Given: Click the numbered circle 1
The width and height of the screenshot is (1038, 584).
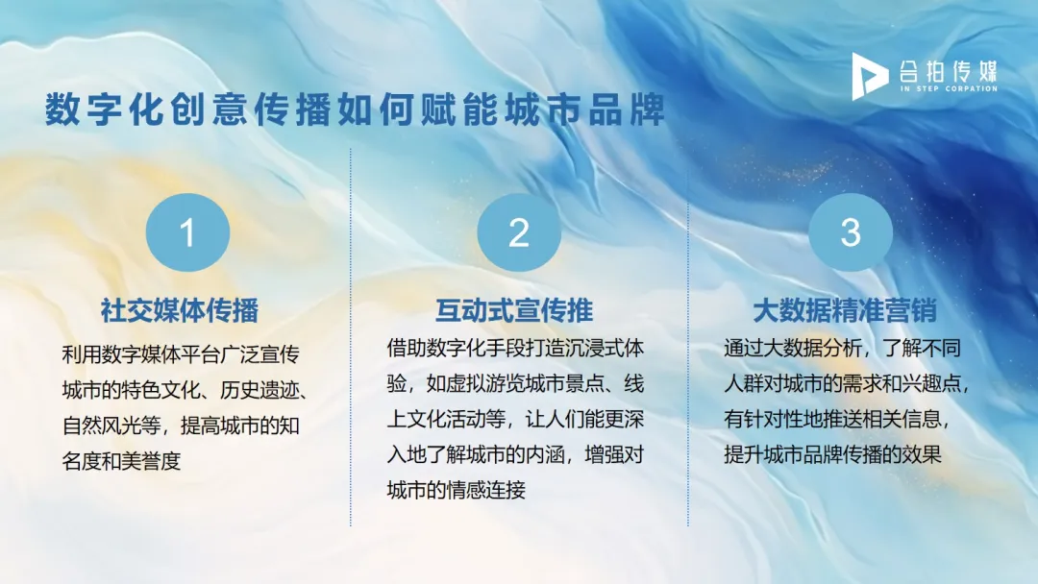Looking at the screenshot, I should (x=187, y=232).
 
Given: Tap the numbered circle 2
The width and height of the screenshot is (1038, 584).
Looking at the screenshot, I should (x=519, y=232).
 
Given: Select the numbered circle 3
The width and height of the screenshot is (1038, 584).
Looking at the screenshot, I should (x=851, y=232).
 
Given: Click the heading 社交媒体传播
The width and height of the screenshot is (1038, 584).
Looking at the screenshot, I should (x=180, y=310).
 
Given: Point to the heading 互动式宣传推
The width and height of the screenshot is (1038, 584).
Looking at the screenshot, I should (x=514, y=310).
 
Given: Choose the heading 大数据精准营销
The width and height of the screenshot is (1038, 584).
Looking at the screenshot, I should (x=845, y=310).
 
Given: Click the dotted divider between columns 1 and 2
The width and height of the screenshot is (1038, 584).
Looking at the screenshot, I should (x=351, y=336).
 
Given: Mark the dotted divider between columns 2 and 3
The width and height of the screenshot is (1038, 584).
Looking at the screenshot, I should (x=688, y=336).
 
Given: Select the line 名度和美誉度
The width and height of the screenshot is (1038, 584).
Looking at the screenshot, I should (x=121, y=460).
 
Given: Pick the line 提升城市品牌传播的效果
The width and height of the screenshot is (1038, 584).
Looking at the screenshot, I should (x=831, y=455).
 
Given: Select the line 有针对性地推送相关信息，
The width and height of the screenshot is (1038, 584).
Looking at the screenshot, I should (x=845, y=420).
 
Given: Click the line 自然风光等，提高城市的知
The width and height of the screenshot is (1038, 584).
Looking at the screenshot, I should (x=181, y=425).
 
